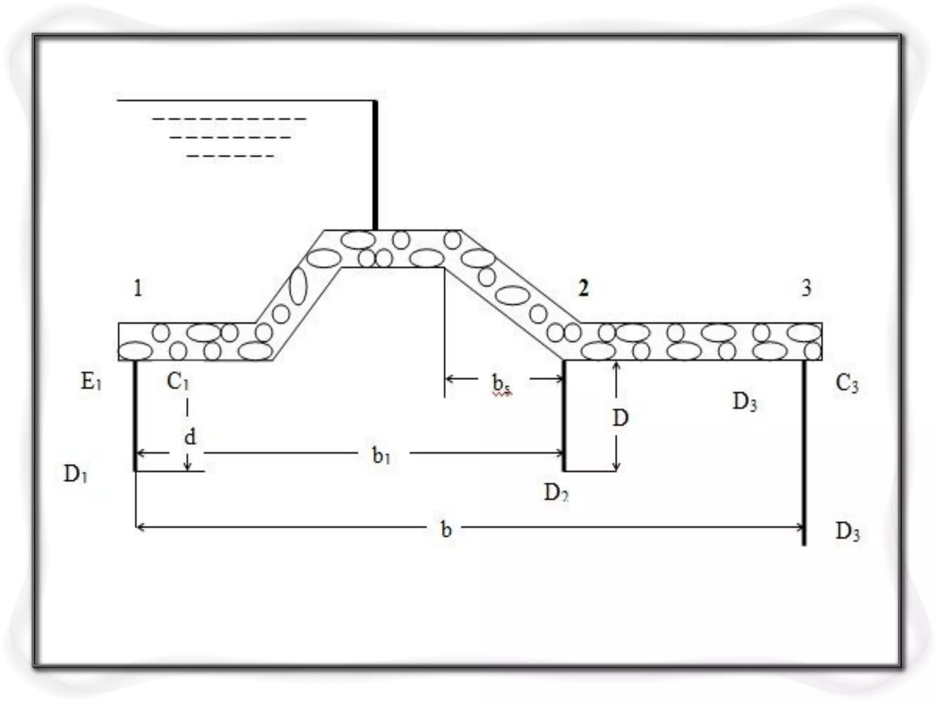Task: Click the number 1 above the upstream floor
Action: [138, 288]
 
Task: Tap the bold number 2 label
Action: [583, 288]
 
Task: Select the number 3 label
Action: [806, 288]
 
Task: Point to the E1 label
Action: [91, 382]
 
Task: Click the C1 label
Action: [178, 382]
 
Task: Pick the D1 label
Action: [75, 474]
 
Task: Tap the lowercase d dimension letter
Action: [190, 437]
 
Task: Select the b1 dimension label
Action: [381, 456]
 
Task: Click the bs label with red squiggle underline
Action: [501, 384]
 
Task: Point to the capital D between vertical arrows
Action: [620, 418]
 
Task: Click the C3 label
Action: [846, 384]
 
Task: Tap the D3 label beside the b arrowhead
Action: [847, 532]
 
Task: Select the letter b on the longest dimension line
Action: [446, 529]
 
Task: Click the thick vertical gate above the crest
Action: [375, 165]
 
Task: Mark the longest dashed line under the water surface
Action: [229, 119]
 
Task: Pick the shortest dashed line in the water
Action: [231, 156]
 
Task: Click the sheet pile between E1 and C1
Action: [135, 416]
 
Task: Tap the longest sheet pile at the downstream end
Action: [804, 452]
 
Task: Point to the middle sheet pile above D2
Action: [564, 416]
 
